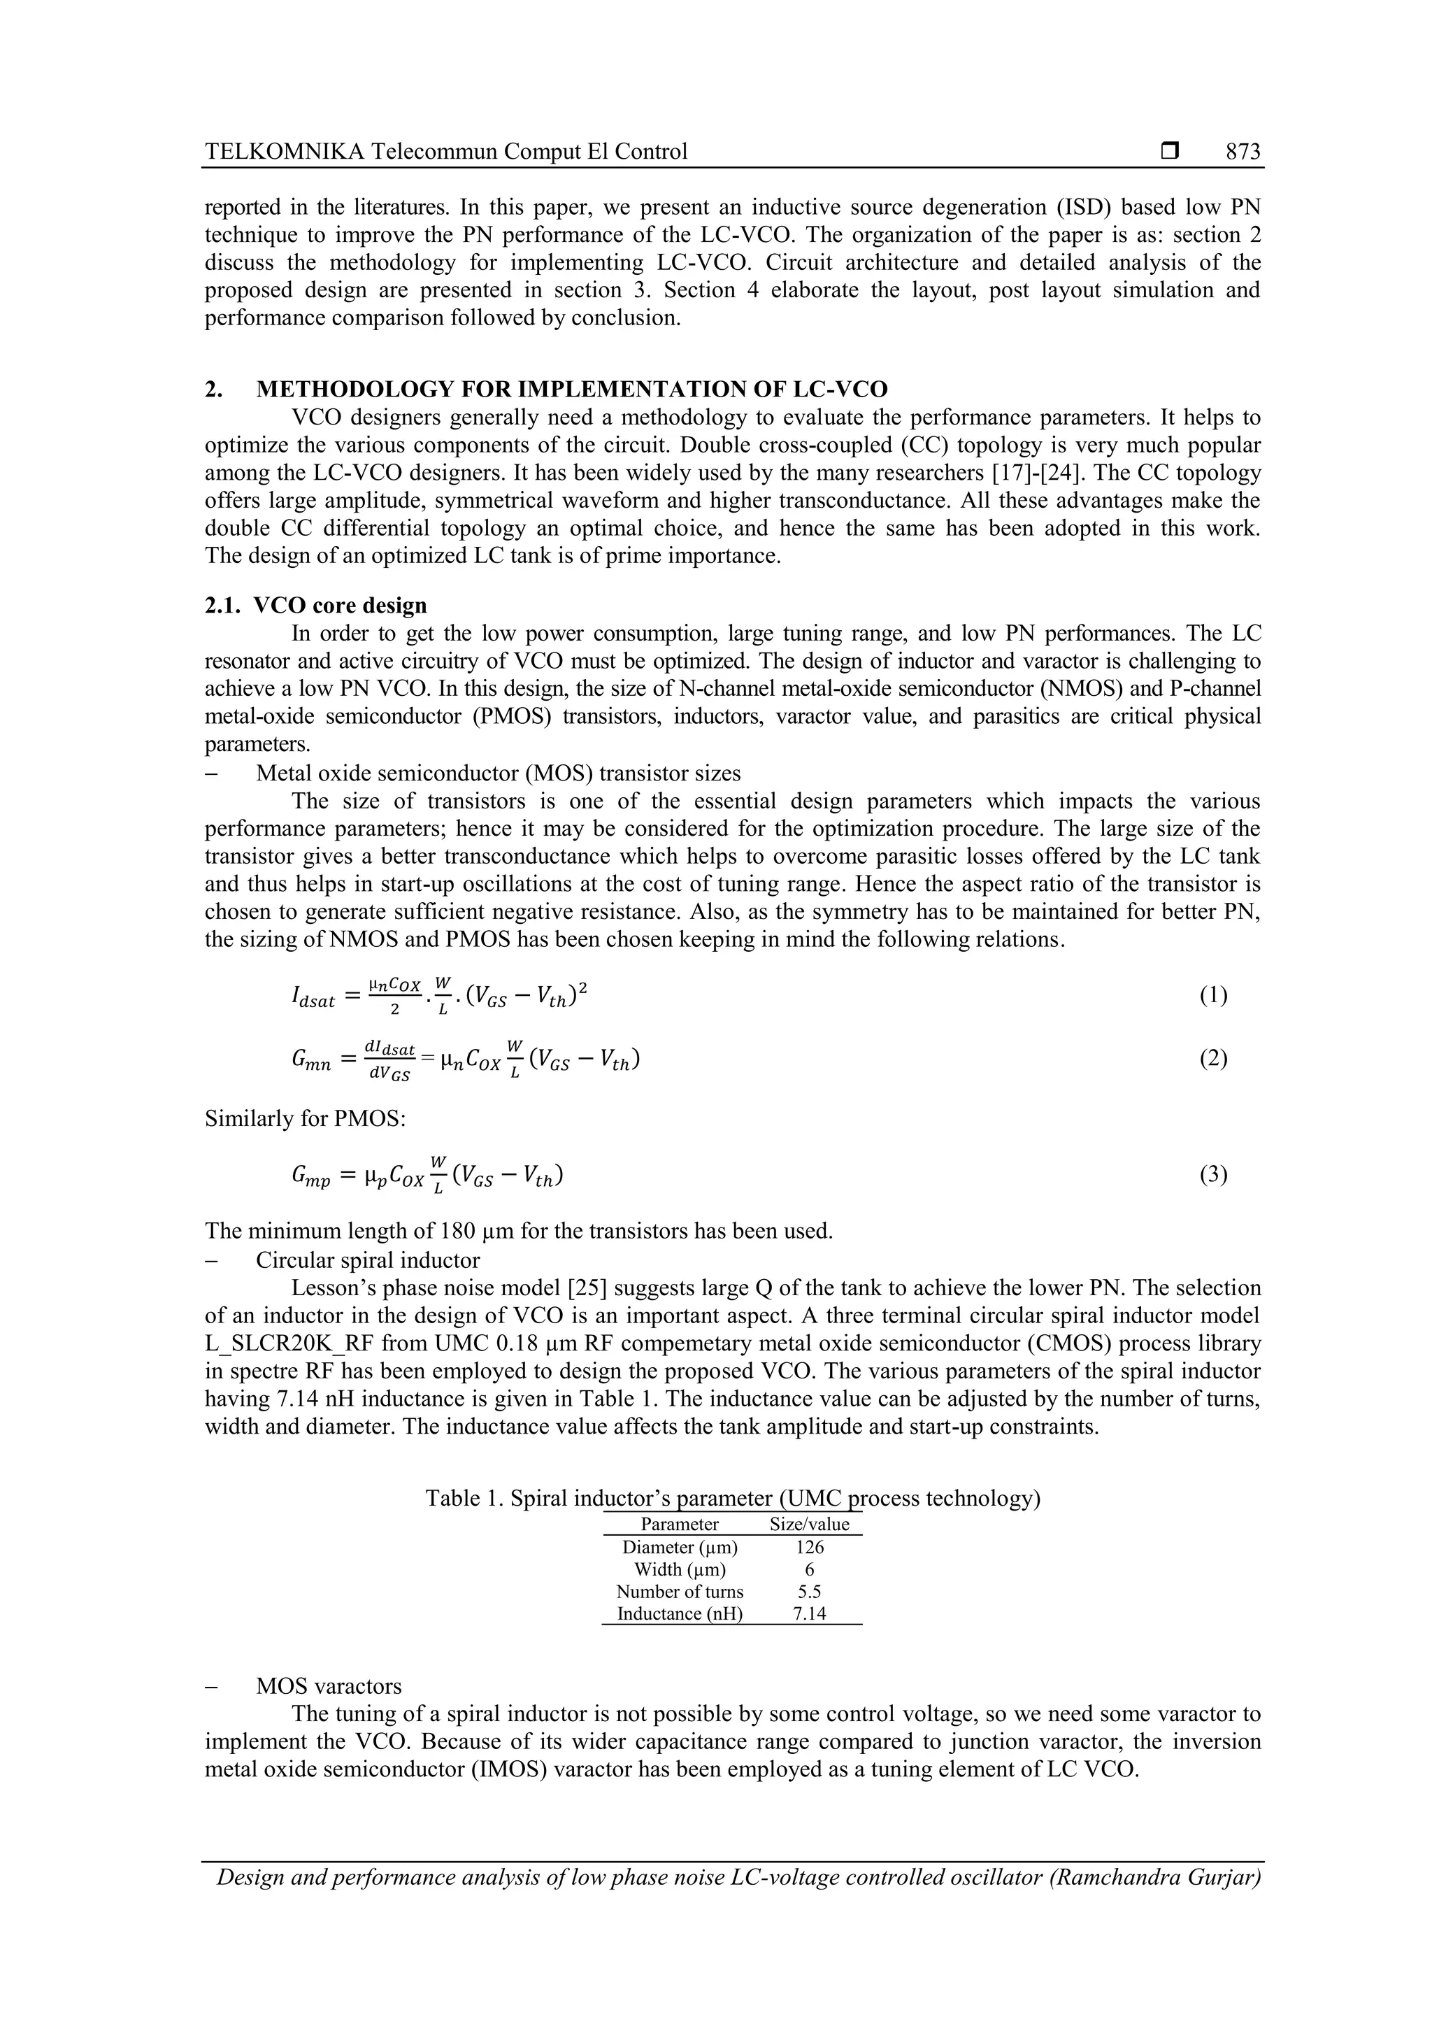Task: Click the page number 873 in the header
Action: pos(1243,152)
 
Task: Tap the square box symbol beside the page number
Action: pos(1170,152)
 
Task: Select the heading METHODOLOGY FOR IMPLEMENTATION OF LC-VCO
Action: pos(572,389)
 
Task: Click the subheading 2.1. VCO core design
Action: pos(316,606)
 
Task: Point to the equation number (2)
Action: pos(1213,1058)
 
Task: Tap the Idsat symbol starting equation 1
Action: pos(313,1000)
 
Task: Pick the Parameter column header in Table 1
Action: pos(680,1524)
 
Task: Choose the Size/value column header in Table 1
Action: pos(809,1524)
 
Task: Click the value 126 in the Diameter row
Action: pos(809,1547)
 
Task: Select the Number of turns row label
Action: pos(680,1592)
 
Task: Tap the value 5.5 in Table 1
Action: pos(809,1592)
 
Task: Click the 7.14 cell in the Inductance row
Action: pos(809,1614)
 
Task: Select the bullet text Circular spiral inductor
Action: pos(368,1260)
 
